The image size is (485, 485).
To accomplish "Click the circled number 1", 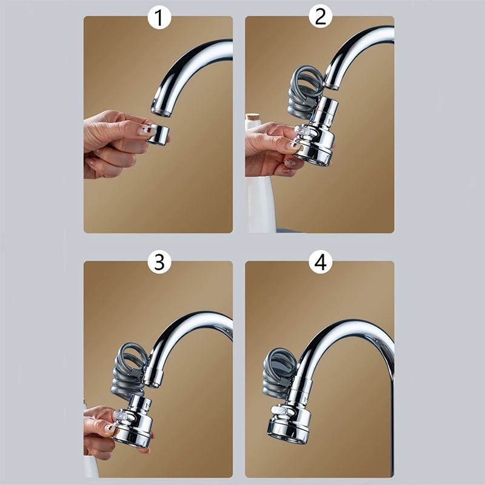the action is (x=159, y=18).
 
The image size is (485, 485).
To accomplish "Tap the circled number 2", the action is (x=321, y=17).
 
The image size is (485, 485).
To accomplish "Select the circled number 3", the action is (x=159, y=262).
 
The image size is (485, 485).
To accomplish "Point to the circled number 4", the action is (x=321, y=262).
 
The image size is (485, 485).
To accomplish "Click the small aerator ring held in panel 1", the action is (x=158, y=133).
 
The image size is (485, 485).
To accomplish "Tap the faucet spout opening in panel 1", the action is (x=161, y=112).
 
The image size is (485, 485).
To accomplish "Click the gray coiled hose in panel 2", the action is (x=305, y=95).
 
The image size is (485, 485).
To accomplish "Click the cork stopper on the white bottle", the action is (x=253, y=118).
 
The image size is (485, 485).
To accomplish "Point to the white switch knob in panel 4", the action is (x=281, y=410).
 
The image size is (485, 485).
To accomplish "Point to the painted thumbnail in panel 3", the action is (x=110, y=429).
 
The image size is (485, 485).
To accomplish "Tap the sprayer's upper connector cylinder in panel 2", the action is (x=327, y=110).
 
